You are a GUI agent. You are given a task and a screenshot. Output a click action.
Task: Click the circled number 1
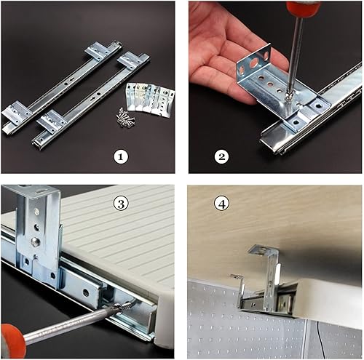pos(121,157)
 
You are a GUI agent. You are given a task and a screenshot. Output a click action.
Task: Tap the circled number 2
pos(221,157)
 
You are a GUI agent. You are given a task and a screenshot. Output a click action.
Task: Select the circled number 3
pos(121,204)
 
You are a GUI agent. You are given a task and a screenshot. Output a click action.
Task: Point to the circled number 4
pos(221,204)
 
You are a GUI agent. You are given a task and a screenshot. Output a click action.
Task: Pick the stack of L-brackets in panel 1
pos(150,100)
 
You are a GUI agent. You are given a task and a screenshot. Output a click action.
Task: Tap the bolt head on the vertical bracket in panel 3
pos(35,241)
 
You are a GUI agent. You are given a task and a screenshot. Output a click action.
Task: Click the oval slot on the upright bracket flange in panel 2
pos(253,63)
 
